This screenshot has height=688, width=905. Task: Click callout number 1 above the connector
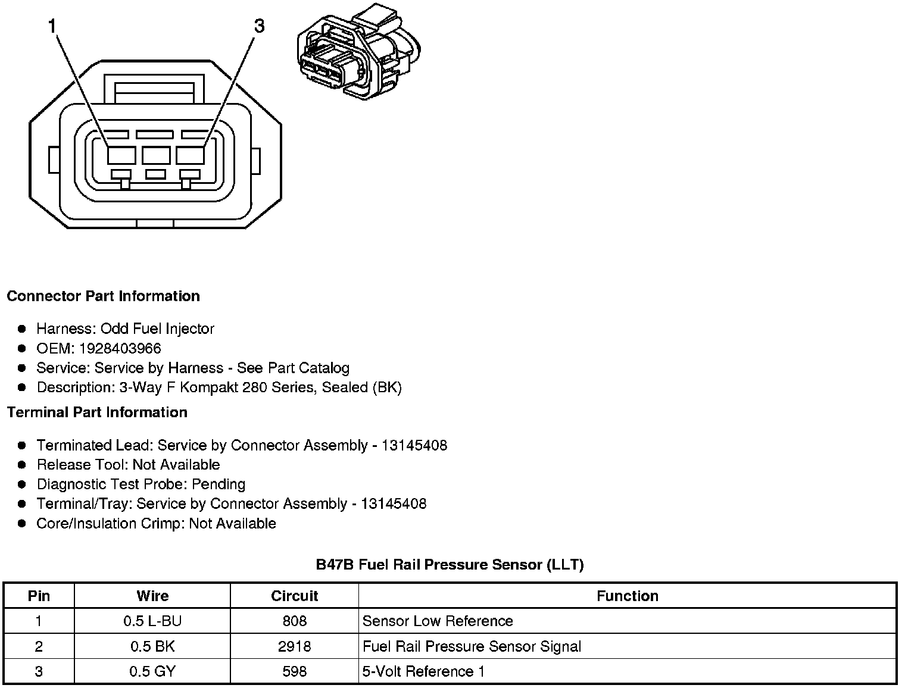[x=52, y=26]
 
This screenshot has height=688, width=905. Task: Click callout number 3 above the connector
[x=259, y=26]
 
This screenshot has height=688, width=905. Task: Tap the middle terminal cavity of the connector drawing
[x=156, y=156]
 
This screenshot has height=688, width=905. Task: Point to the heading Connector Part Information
[x=103, y=296]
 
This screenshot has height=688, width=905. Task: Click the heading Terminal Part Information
[x=97, y=412]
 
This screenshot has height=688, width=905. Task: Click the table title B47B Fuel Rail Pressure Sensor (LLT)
[x=450, y=564]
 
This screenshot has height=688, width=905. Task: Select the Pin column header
[x=39, y=596]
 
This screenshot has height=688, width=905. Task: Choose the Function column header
[x=628, y=596]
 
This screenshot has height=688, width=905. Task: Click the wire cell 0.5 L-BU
[x=152, y=621]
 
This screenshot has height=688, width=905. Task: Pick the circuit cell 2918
[x=294, y=646]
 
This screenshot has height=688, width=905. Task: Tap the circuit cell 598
[x=294, y=672]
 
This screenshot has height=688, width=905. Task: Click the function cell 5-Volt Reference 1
[x=423, y=672]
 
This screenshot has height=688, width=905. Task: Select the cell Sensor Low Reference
[x=438, y=621]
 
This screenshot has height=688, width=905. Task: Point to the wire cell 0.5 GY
[x=152, y=672]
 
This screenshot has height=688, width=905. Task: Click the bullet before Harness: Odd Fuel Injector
[x=22, y=329]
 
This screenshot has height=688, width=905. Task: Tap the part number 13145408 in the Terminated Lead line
[x=414, y=445]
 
